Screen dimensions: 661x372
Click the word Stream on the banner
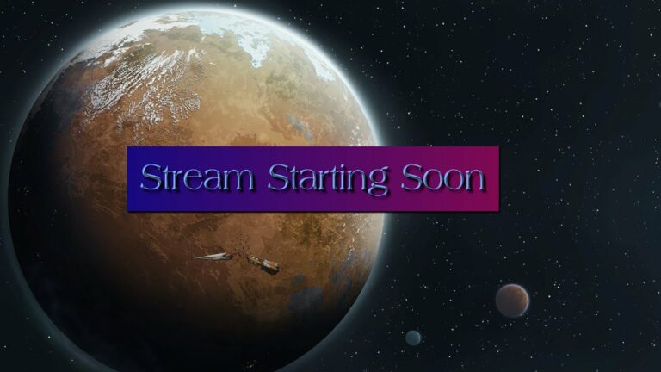point(197,177)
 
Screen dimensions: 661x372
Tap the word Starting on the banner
point(328,179)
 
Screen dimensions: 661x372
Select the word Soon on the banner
point(442,177)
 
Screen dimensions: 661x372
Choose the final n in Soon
point(473,182)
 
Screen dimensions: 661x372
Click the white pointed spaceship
point(213,256)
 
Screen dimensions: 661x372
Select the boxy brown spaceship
point(263,264)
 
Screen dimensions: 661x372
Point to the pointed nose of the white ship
point(194,257)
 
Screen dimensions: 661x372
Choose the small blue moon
point(413,338)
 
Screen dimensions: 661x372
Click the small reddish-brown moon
point(512,301)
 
